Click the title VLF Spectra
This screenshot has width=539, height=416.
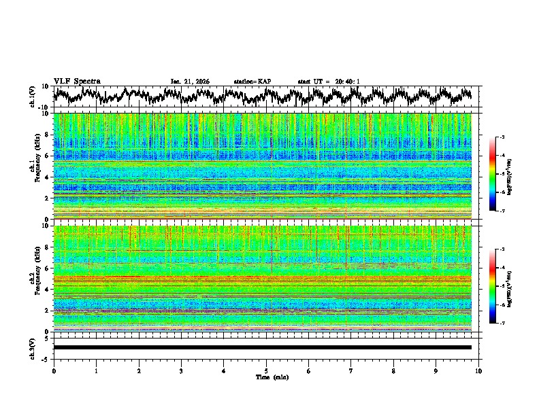coord(77,81)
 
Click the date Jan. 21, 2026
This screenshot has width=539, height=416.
coord(190,82)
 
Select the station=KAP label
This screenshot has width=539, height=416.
coord(252,82)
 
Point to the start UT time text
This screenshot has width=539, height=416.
coord(329,82)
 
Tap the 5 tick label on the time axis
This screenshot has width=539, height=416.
coord(266,371)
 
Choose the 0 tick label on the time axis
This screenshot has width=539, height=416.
coord(54,371)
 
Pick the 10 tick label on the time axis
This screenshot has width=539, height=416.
coord(478,371)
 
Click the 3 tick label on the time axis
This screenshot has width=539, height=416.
coord(181,371)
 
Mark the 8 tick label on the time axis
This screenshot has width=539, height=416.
coord(393,371)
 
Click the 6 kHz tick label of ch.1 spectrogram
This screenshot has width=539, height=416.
coord(48,156)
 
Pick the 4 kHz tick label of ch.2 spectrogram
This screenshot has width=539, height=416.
coord(48,289)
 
